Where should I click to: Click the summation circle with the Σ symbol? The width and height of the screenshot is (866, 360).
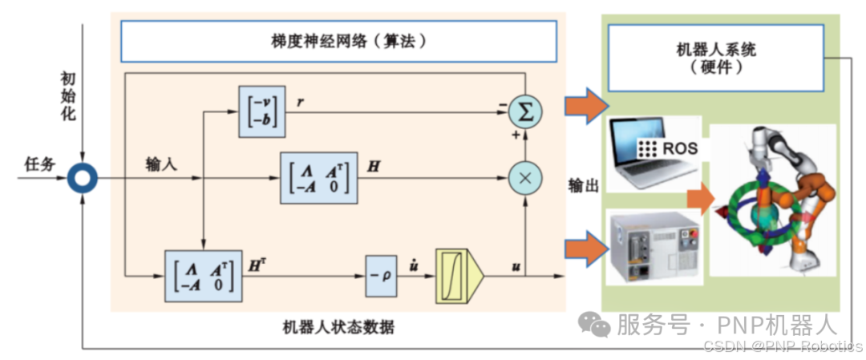[x=525, y=111]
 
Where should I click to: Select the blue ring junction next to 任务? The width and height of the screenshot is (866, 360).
[x=83, y=178]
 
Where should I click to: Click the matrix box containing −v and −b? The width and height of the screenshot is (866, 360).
[x=261, y=111]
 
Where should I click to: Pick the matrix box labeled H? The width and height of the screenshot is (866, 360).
[x=319, y=178]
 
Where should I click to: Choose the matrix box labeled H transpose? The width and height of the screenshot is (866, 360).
[x=204, y=276]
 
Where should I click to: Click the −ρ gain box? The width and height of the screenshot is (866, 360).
[x=381, y=276]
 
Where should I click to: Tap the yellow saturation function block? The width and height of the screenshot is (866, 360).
[x=459, y=276]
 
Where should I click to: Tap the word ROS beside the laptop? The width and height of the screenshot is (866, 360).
[x=679, y=148]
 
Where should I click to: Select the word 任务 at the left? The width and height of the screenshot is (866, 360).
[x=40, y=164]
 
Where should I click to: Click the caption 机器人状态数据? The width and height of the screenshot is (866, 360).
[x=338, y=327]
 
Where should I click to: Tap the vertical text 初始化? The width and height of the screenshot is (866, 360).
[x=68, y=97]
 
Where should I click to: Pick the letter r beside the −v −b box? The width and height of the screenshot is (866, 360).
[x=299, y=103]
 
